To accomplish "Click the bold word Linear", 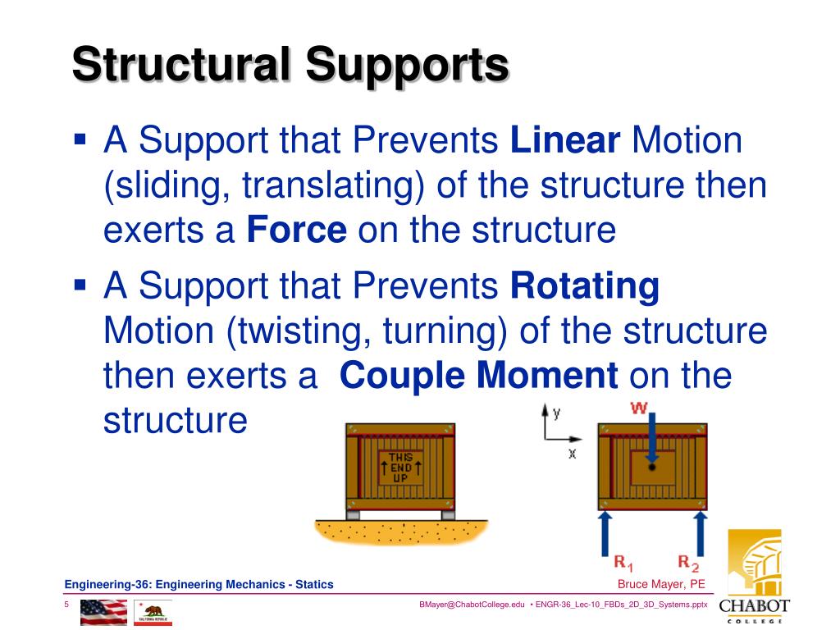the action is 564,140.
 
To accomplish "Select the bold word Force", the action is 297,231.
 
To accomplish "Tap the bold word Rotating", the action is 585,286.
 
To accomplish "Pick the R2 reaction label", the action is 688,563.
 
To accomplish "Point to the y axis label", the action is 556,413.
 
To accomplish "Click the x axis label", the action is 572,452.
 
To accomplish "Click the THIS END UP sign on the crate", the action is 399,467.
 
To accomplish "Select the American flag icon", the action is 103,612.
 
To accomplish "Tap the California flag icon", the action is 153,612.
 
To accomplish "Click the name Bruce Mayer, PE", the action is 661,584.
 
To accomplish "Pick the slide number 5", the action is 66,605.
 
